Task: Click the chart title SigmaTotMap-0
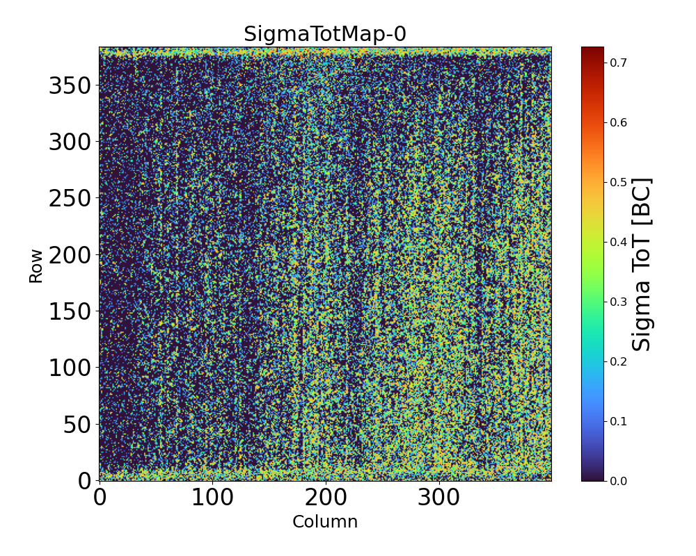point(325,34)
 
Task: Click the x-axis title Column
point(325,522)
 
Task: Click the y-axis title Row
point(35,266)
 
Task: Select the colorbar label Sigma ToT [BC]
point(642,264)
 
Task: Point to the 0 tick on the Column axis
point(100,498)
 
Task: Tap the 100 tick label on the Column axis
point(212,498)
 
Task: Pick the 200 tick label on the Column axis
point(326,498)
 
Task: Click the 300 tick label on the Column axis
point(438,498)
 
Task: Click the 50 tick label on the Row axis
point(77,425)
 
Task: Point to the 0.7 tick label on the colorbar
point(618,63)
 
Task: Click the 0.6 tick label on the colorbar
point(618,122)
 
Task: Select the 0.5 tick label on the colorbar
point(618,182)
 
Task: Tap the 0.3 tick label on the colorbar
point(618,302)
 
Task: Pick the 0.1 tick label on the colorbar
point(618,421)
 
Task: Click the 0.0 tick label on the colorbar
point(618,481)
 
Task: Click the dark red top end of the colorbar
point(592,50)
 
